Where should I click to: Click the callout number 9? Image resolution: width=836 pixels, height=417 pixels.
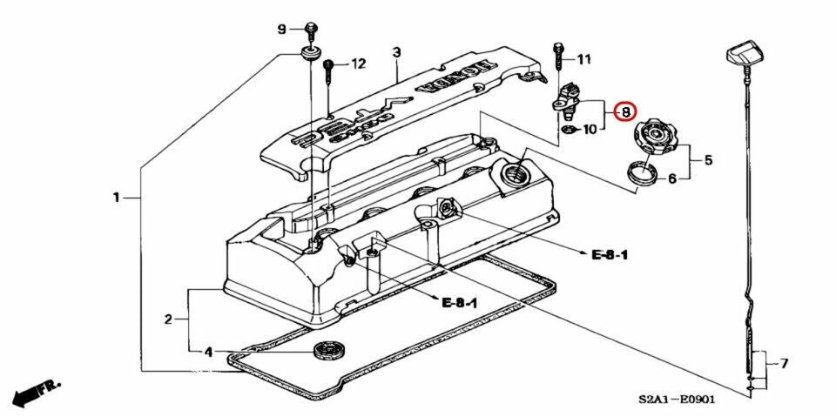281,30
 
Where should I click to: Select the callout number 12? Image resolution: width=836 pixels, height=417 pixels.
358,64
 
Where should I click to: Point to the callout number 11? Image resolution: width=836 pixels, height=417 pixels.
583,59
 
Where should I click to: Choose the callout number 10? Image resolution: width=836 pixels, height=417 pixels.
590,130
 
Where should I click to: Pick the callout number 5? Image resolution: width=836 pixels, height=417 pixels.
708,160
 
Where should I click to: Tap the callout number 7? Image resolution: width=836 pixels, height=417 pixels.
784,362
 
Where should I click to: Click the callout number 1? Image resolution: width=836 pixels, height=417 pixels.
116,198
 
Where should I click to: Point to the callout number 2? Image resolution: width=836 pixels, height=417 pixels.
168,319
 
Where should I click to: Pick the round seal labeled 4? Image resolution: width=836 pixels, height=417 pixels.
327,351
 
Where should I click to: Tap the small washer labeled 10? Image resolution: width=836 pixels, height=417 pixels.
566,130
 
